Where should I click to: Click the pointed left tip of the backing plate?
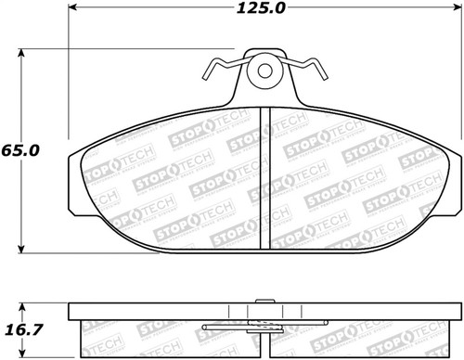point(71,174)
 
